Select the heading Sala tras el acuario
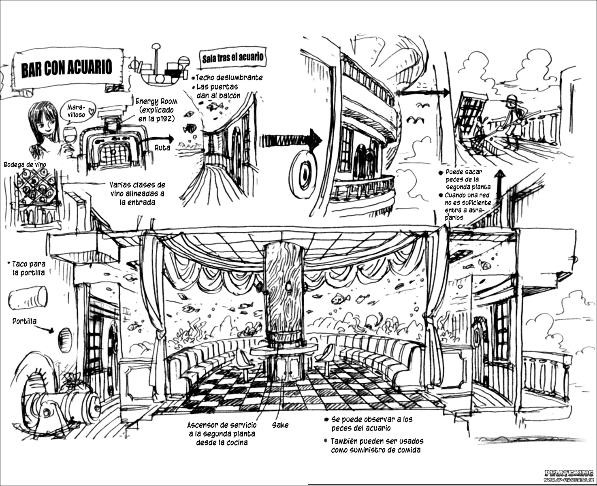pyautogui.click(x=233, y=58)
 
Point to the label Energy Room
pyautogui.click(x=156, y=102)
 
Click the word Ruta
pyautogui.click(x=162, y=148)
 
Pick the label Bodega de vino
pyautogui.click(x=25, y=165)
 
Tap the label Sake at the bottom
pyautogui.click(x=280, y=425)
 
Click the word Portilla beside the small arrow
pyautogui.click(x=24, y=321)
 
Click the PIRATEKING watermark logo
pyautogui.click(x=569, y=473)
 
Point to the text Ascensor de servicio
pyautogui.click(x=222, y=425)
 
